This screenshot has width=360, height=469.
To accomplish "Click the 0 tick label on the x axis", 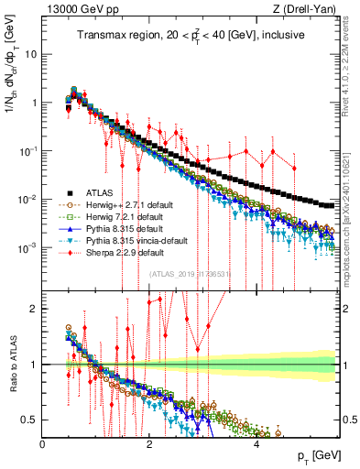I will point(43,442).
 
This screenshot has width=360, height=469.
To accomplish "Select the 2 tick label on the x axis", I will point(149,442).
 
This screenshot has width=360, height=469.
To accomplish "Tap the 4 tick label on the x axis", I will point(256,442).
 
